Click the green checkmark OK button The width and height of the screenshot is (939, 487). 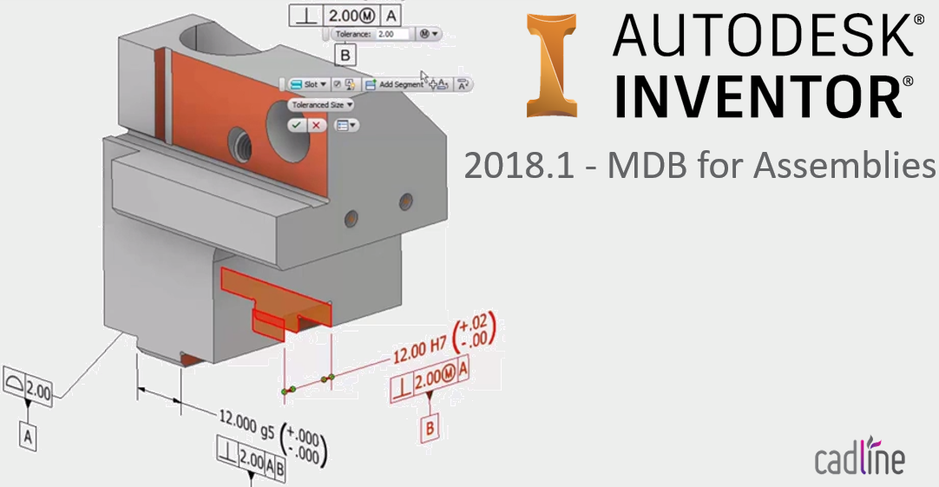[297, 125]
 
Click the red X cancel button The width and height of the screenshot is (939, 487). [316, 125]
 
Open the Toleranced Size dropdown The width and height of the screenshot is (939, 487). [323, 104]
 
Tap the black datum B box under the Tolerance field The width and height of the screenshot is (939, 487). [345, 55]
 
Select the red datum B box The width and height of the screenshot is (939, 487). [431, 427]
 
